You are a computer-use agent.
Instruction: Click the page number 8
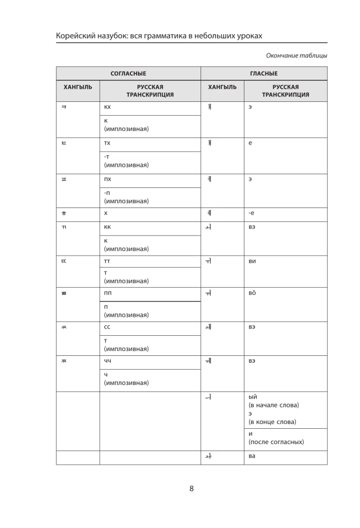click(192, 488)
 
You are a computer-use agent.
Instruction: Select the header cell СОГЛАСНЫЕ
click(128, 73)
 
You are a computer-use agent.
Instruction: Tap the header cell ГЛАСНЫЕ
click(264, 73)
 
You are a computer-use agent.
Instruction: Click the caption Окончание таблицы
click(296, 55)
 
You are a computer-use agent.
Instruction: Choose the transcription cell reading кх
click(108, 107)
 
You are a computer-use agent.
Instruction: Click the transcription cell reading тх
click(108, 143)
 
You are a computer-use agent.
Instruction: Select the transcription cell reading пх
click(108, 179)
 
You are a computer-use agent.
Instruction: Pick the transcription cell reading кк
click(108, 227)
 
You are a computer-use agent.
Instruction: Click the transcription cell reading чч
click(108, 361)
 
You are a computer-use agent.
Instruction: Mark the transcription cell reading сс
click(108, 327)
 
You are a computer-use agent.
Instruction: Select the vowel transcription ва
click(252, 456)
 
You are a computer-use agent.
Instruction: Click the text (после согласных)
click(276, 441)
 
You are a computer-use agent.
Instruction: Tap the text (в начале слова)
click(273, 405)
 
